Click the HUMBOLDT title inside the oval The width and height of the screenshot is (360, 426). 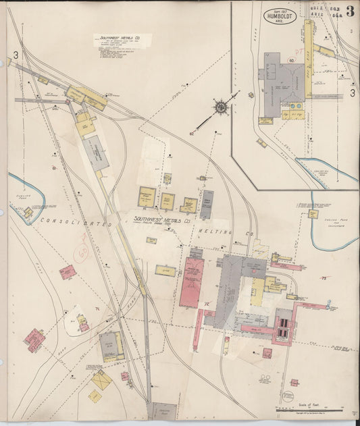pyautogui.click(x=279, y=15)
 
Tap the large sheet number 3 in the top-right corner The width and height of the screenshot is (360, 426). pyautogui.click(x=350, y=11)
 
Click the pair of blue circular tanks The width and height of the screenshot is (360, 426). pyautogui.click(x=295, y=106)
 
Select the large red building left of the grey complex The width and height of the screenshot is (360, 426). pyautogui.click(x=191, y=282)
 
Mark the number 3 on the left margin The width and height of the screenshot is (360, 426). pyautogui.click(x=14, y=55)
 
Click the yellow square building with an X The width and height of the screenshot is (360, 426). pyautogui.click(x=101, y=381)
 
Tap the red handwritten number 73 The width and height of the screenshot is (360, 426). pyautogui.click(x=324, y=278)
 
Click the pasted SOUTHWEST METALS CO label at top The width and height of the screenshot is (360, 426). pyautogui.click(x=120, y=40)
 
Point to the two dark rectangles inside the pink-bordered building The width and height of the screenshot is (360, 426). pyautogui.click(x=285, y=327)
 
